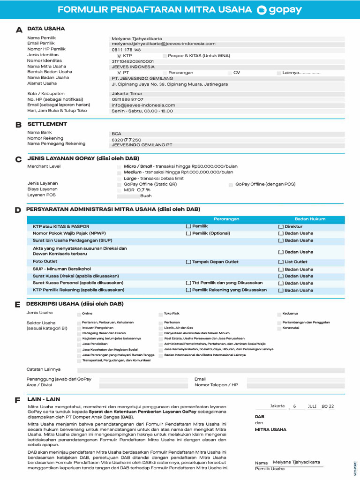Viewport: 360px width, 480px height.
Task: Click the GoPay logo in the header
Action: [x=279, y=10]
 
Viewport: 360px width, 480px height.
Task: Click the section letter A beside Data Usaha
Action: [x=19, y=30]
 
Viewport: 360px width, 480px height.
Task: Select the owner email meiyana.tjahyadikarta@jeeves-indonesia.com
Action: [x=163, y=44]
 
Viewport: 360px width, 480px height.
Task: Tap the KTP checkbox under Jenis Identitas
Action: [x=119, y=56]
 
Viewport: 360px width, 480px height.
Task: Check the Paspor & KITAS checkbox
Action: [x=165, y=56]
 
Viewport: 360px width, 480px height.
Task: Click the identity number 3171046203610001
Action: [x=133, y=61]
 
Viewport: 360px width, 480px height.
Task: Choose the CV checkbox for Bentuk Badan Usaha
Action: [x=230, y=73]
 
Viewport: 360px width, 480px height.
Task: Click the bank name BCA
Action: [x=116, y=134]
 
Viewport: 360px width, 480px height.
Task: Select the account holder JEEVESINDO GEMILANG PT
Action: [x=142, y=145]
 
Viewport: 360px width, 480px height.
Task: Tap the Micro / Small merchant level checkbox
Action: [x=119, y=167]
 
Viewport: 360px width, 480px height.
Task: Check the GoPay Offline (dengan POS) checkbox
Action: [x=231, y=185]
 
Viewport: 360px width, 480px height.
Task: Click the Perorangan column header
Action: [x=226, y=219]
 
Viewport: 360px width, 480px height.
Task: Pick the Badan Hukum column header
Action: [x=310, y=219]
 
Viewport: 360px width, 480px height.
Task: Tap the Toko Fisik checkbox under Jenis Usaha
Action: [x=160, y=314]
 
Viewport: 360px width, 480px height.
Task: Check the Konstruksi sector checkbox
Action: [x=279, y=328]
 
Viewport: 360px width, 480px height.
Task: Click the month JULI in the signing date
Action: [x=313, y=406]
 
